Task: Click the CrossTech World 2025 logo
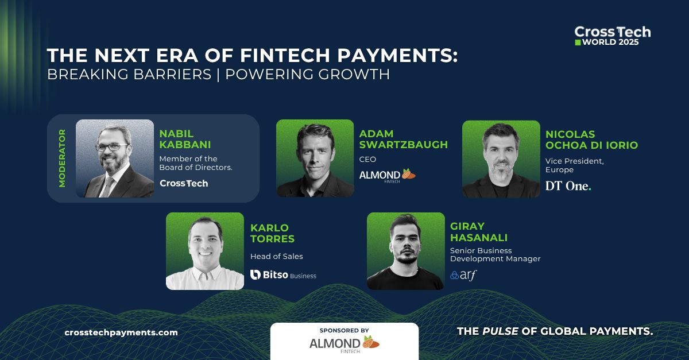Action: pyautogui.click(x=612, y=36)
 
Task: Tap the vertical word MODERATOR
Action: pyautogui.click(x=62, y=158)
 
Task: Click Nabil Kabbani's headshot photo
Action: pyautogui.click(x=115, y=158)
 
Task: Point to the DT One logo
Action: pyautogui.click(x=568, y=185)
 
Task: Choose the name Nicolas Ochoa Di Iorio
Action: pyautogui.click(x=591, y=140)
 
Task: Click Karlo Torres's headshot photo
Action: pyautogui.click(x=205, y=251)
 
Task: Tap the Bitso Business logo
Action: pyautogui.click(x=284, y=275)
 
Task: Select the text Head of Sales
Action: pyautogui.click(x=276, y=257)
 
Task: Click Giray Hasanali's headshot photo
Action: pyautogui.click(x=405, y=251)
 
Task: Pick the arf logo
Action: pyautogui.click(x=463, y=275)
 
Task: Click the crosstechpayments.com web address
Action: pyautogui.click(x=121, y=332)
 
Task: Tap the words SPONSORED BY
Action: pyautogui.click(x=344, y=331)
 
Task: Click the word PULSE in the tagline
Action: pyautogui.click(x=500, y=331)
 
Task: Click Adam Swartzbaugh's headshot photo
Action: pyautogui.click(x=315, y=158)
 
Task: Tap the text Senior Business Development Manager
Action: pyautogui.click(x=495, y=255)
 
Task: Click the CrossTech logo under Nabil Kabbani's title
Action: pyautogui.click(x=184, y=183)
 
